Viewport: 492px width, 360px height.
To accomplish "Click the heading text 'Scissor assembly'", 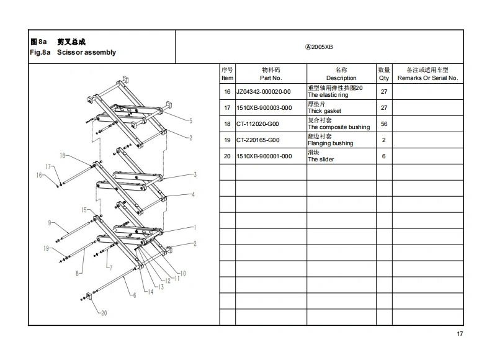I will [86, 53].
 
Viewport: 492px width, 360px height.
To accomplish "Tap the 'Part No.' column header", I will [271, 78].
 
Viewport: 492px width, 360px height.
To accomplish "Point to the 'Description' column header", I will [341, 78].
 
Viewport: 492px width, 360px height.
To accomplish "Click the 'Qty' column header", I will [384, 78].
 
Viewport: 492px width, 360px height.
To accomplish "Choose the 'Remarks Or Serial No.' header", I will [427, 78].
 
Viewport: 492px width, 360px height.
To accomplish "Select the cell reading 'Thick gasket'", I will [324, 111].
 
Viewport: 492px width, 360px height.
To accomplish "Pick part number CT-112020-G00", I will [258, 124].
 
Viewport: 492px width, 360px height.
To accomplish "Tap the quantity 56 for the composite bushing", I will [384, 124].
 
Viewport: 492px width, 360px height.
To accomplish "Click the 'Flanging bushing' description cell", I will [331, 143].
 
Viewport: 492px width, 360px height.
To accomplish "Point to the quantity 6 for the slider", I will [384, 156].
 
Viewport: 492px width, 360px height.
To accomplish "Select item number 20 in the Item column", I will [227, 156].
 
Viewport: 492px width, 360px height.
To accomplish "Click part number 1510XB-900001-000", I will [264, 156].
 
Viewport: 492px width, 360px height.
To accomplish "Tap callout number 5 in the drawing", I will [190, 120].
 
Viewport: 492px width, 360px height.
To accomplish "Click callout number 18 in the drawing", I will [62, 155].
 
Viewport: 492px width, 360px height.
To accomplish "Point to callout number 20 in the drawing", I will [104, 313].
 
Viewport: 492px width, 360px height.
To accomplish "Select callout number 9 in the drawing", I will [49, 223].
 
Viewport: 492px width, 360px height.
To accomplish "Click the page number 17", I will [460, 335].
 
